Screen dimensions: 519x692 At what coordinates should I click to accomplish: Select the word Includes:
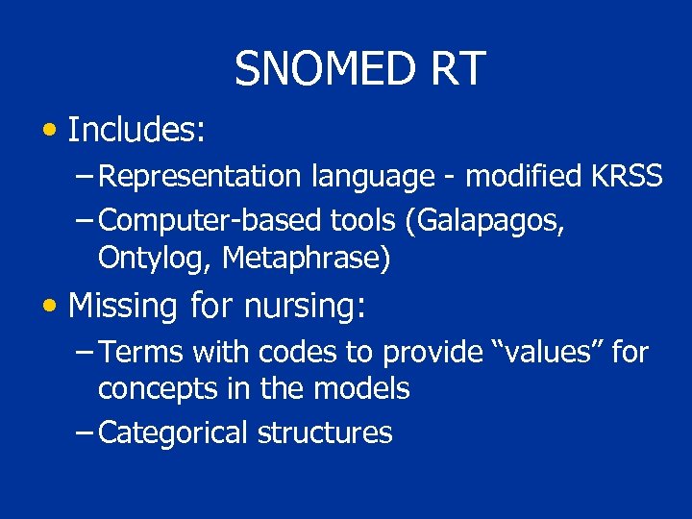pyautogui.click(x=136, y=130)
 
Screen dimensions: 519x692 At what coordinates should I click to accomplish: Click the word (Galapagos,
pyautogui.click(x=484, y=221)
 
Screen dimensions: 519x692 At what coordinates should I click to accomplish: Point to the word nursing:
pyautogui.click(x=306, y=308)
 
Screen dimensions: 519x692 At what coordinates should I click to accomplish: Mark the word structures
pyautogui.click(x=325, y=433)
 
